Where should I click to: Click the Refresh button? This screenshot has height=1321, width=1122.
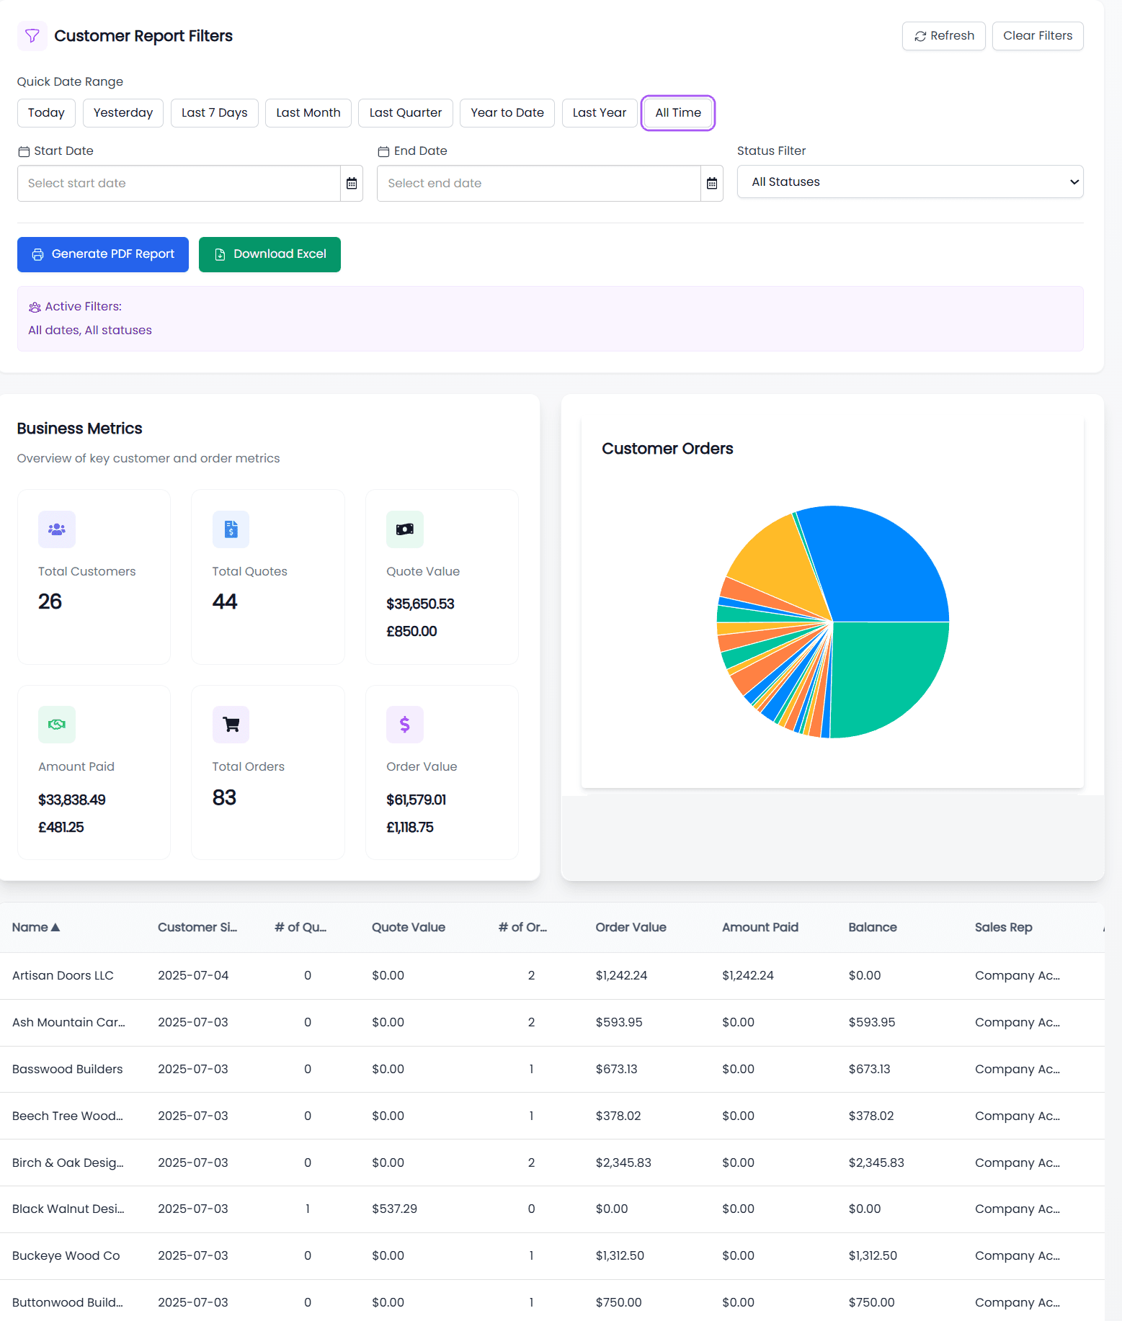943,36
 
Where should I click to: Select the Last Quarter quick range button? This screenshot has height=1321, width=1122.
405,113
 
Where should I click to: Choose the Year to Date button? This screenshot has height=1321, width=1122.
507,113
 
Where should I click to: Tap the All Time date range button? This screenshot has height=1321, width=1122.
677,113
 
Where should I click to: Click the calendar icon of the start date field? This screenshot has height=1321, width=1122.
352,184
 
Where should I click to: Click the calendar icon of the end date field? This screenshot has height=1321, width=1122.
711,184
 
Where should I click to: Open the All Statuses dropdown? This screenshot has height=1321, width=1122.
909,182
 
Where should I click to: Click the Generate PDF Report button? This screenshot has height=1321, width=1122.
103,254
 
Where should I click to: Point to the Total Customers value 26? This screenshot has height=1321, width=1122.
50,601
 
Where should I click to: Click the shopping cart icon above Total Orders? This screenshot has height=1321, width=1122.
231,725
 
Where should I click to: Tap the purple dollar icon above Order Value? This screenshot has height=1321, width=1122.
404,725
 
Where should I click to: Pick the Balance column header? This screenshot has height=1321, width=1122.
872,928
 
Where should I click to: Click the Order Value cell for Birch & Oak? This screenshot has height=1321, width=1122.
623,1163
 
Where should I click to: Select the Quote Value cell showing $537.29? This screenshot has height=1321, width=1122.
394,1209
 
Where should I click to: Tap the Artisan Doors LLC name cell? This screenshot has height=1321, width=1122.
63,976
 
